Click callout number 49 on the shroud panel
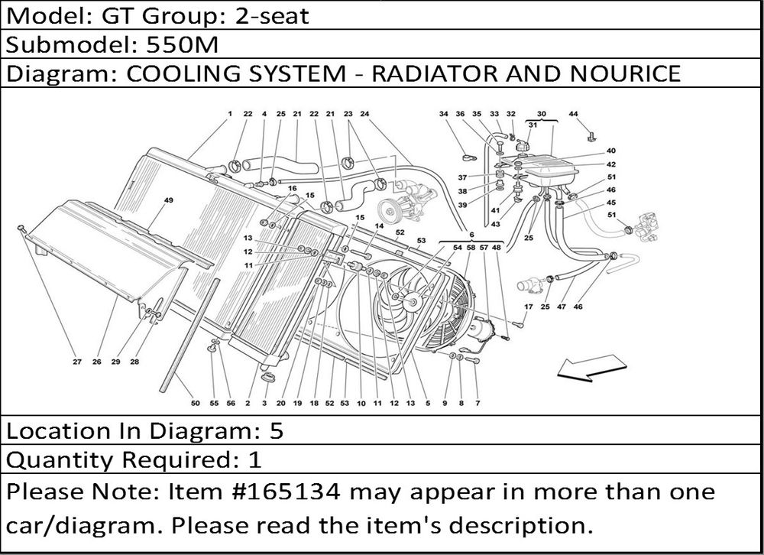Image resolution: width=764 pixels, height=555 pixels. tap(168, 200)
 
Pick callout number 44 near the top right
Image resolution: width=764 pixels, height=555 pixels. tap(574, 115)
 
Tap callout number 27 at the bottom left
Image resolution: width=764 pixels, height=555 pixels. tap(76, 362)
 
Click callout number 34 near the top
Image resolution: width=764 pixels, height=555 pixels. tap(443, 115)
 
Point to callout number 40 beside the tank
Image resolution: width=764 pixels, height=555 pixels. tap(610, 151)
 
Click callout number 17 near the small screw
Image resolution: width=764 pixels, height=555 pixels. tap(528, 307)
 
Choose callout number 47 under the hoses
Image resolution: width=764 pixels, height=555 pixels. tap(561, 307)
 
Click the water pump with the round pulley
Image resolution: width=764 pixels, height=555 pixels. tap(397, 203)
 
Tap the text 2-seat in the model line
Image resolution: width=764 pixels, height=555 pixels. tap(273, 16)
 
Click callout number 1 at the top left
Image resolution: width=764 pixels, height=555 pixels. tap(229, 115)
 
